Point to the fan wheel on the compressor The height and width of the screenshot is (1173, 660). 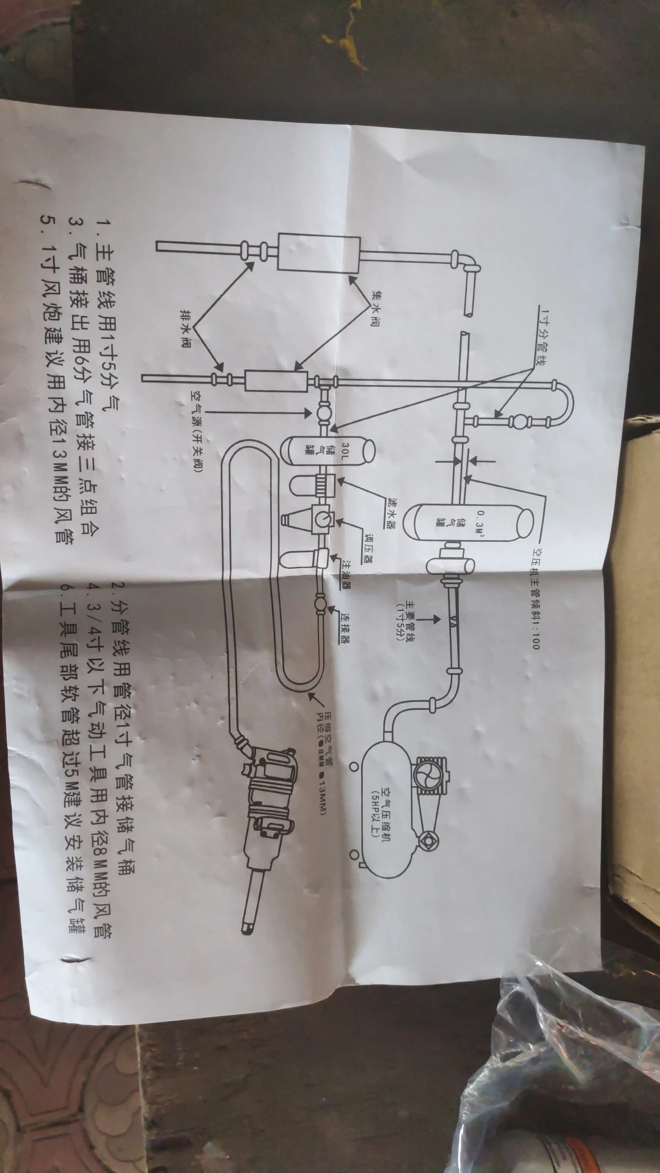427,776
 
